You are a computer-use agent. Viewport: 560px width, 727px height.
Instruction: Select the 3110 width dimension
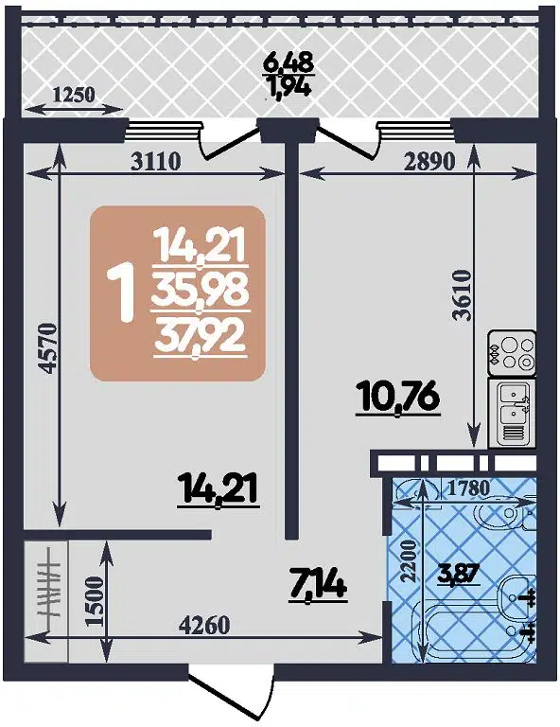click(x=156, y=160)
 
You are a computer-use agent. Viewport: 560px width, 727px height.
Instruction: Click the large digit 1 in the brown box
click(x=121, y=293)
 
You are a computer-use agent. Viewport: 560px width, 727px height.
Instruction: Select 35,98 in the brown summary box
click(x=201, y=294)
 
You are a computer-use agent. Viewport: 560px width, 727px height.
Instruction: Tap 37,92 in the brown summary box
click(x=201, y=335)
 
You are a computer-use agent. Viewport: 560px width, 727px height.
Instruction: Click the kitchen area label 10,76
click(x=398, y=398)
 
